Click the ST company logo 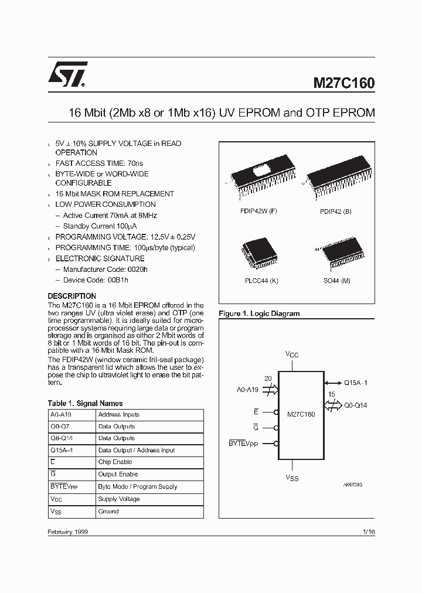point(67,74)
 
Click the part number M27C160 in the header point(342,83)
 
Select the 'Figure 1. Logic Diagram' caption point(259,313)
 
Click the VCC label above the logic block point(291,354)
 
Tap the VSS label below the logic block point(292,478)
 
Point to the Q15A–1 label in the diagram point(356,381)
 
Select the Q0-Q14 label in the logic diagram point(356,405)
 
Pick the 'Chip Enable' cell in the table point(115,462)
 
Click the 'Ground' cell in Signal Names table point(108,511)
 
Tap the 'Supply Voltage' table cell point(118,499)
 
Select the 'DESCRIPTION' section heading point(72,296)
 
